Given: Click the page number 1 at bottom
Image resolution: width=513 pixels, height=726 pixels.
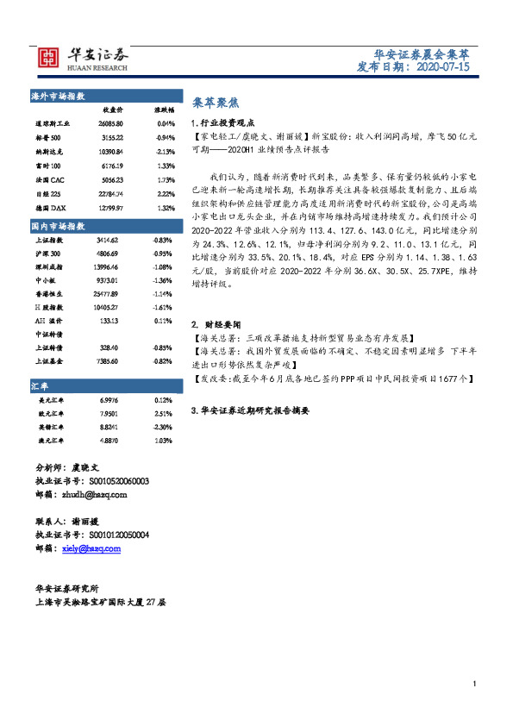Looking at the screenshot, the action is coord(475,684).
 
